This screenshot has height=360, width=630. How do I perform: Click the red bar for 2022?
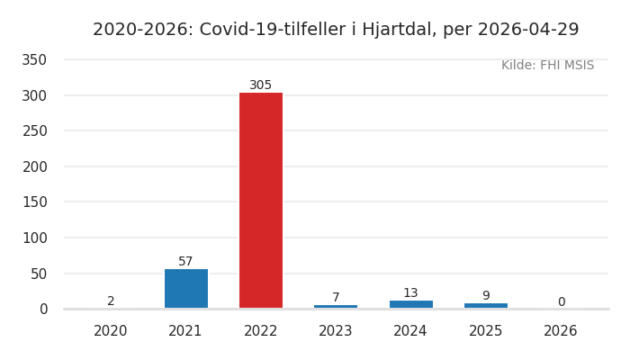point(261,200)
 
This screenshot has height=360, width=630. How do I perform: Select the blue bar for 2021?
point(186,288)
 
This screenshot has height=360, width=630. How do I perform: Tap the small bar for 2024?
point(410,304)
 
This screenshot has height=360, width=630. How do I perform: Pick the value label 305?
point(261,85)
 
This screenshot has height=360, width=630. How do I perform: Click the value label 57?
point(186,262)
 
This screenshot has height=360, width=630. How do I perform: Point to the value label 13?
point(410,293)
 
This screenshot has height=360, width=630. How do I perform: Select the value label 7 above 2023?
point(336,298)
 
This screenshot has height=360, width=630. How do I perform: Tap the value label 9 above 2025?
point(486,296)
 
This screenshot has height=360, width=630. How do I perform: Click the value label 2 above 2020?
point(111,301)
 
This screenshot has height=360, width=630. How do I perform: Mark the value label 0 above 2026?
point(561,302)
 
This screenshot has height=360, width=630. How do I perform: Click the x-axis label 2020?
point(111,331)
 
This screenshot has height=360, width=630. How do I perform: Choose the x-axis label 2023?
point(336,331)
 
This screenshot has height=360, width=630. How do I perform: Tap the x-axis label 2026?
point(561,331)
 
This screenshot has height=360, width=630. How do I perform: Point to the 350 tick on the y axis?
point(34,60)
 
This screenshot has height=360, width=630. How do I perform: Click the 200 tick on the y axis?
point(34,166)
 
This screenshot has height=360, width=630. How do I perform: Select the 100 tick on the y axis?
point(34,238)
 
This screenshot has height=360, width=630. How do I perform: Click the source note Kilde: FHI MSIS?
point(547,66)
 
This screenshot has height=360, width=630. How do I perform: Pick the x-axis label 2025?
point(486,331)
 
